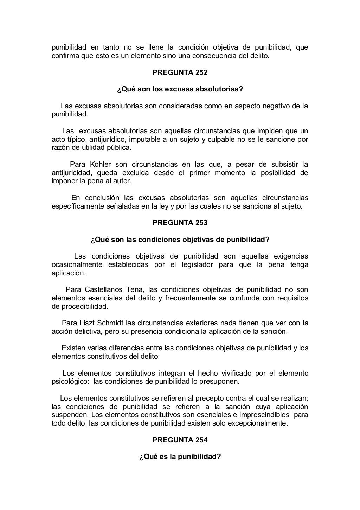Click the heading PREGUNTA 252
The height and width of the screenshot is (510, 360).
pyautogui.click(x=180, y=73)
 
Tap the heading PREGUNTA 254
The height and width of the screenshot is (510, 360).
pyautogui.click(x=180, y=440)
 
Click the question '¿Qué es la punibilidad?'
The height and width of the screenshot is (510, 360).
pyautogui.click(x=180, y=457)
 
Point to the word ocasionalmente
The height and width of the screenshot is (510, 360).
pyautogui.click(x=77, y=264)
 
